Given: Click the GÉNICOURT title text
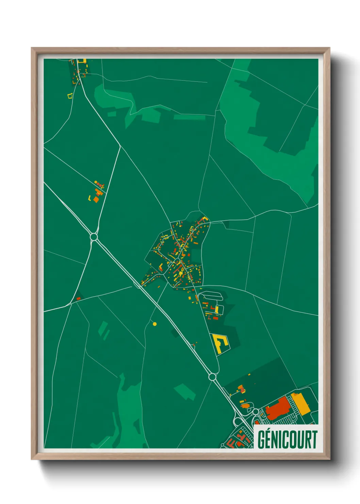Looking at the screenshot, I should (287, 440).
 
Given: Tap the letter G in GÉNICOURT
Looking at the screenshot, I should (261, 440).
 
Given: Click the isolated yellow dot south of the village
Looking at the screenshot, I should (155, 324).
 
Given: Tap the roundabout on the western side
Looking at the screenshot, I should (94, 236).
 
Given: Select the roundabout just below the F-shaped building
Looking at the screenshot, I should (212, 377).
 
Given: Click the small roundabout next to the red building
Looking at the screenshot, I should (255, 411).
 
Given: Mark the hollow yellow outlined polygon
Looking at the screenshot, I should (70, 96).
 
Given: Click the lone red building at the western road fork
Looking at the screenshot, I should (79, 298).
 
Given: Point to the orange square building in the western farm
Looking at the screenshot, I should (96, 200).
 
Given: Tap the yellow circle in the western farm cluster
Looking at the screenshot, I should (96, 183).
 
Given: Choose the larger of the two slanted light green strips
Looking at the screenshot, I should (102, 328).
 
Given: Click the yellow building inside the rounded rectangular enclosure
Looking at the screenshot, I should (217, 310).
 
